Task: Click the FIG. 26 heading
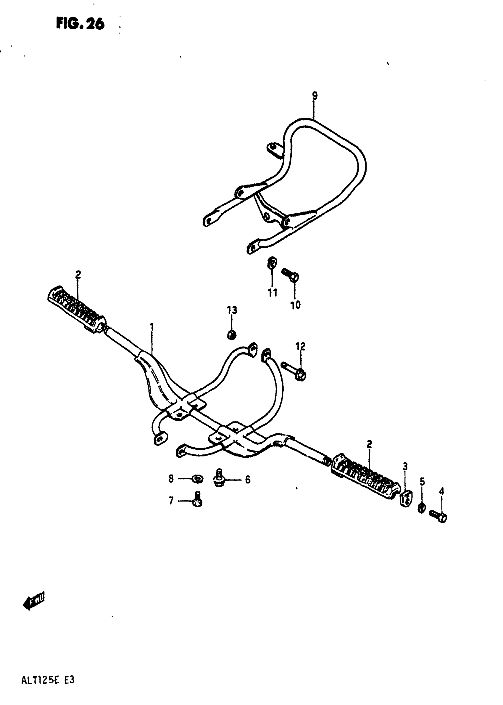pos(80,24)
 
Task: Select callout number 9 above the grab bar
pos(315,96)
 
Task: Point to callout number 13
pos(232,310)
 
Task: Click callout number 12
pos(300,346)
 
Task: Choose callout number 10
pos(295,305)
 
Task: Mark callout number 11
pos(273,292)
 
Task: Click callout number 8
pos(171,479)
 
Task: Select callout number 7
pos(171,501)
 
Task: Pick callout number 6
pos(247,480)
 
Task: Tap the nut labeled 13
pos(232,334)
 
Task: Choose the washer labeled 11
pos(272,263)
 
